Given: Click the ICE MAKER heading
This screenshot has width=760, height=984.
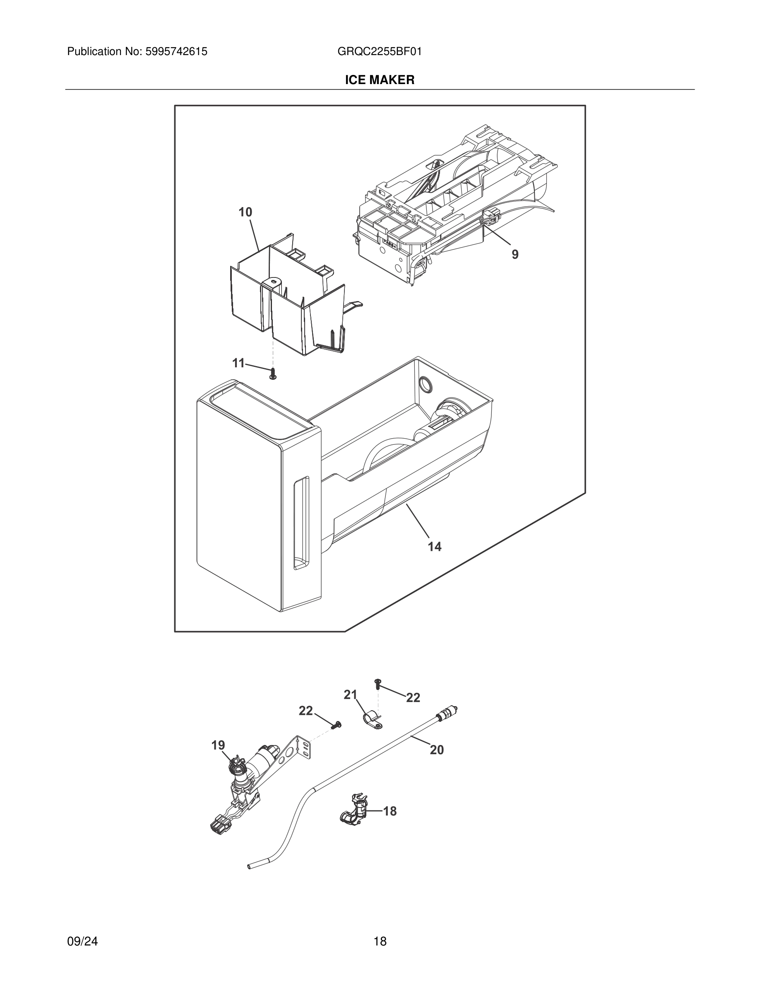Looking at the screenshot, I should (380, 80).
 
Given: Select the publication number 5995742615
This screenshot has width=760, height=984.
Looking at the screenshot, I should (176, 51).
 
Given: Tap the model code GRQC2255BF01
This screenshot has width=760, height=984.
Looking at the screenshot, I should (380, 51).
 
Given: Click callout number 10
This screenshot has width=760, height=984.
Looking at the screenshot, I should (245, 212).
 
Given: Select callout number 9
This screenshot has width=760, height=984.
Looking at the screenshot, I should (515, 255).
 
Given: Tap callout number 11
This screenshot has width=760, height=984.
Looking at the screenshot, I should (238, 363).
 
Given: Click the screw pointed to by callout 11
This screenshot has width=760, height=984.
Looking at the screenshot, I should (272, 373).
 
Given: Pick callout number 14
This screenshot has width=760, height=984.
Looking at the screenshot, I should (435, 547).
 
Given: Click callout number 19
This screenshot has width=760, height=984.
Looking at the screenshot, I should (219, 745).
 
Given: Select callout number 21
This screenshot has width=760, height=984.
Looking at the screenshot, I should (350, 695).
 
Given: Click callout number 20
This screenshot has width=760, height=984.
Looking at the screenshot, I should (437, 750).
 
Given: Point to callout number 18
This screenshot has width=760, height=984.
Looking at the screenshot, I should (390, 811).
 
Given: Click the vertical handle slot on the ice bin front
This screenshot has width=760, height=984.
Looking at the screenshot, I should (301, 523).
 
